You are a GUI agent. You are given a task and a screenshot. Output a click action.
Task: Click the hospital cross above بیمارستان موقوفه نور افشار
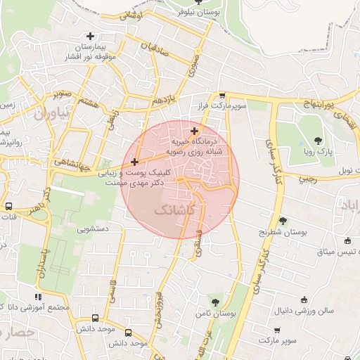click(x=90, y=36)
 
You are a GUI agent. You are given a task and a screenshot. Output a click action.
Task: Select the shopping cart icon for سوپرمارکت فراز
click(x=222, y=96)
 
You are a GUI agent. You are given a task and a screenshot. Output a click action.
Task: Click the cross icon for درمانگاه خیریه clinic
click(x=195, y=131)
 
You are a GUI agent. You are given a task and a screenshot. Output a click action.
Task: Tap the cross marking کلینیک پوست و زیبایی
click(x=134, y=162)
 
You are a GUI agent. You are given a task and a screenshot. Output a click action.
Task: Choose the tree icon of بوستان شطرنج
click(x=283, y=221)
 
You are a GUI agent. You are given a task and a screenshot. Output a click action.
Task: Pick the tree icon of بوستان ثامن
click(x=215, y=302)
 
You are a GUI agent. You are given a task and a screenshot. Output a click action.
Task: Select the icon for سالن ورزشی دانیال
click(x=304, y=299)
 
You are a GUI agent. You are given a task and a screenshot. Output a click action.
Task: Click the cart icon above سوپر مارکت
click(x=288, y=329)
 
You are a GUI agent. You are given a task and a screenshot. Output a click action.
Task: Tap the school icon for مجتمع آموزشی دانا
click(x=38, y=297)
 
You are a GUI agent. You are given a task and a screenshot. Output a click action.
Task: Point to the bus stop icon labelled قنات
click(x=8, y=207)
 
